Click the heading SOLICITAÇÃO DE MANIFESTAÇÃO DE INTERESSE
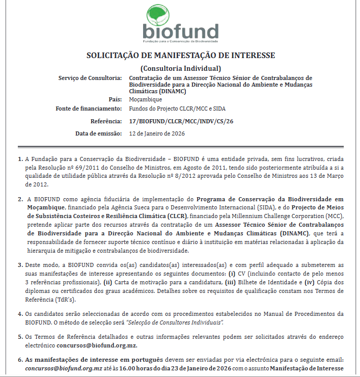(180, 56)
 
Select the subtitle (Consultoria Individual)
(180, 68)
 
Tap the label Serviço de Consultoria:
(90, 78)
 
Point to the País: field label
(115, 99)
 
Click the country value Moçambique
(146, 99)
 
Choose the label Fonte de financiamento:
(89, 109)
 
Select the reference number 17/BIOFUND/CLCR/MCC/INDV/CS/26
(182, 121)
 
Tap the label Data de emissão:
(98, 133)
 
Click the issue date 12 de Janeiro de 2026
(157, 133)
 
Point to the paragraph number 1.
(20, 159)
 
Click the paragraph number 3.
(20, 265)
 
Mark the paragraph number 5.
(20, 337)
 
